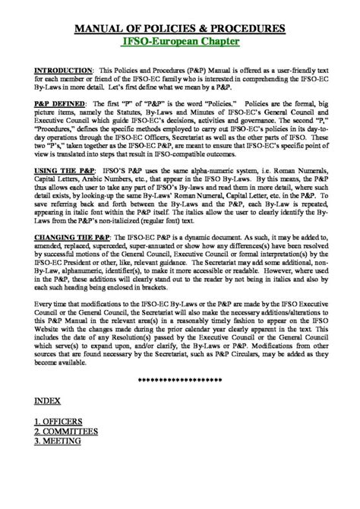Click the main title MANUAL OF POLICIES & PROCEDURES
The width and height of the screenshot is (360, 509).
pyautogui.click(x=180, y=29)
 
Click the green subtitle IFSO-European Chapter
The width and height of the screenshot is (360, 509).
pyautogui.click(x=180, y=43)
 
